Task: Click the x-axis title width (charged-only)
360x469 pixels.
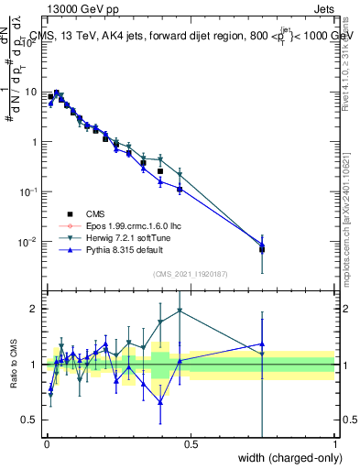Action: click(285, 457)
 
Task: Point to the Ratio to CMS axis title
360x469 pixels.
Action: click(16, 366)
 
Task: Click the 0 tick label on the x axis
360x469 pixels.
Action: click(45, 444)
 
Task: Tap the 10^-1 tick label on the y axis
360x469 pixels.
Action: click(27, 191)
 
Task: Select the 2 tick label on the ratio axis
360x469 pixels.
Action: click(35, 309)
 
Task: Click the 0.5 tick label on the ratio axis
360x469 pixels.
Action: click(31, 420)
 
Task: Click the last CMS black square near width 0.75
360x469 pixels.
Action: click(262, 248)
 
